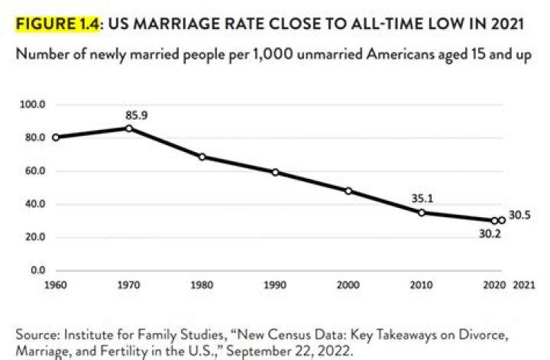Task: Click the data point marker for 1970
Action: coord(129,128)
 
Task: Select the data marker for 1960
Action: coord(56,138)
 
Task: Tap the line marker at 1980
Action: coord(202,157)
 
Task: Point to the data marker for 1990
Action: coord(275,172)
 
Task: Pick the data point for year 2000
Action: coord(348,191)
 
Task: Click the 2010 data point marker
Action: coord(422,212)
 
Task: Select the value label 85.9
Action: coord(136,115)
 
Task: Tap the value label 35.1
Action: coord(422,198)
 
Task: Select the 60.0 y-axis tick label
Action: coord(38,170)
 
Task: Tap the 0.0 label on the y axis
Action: coord(40,271)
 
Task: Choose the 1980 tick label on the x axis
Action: coord(202,284)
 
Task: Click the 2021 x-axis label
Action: coord(524,284)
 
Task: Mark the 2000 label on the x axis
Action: coord(348,284)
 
